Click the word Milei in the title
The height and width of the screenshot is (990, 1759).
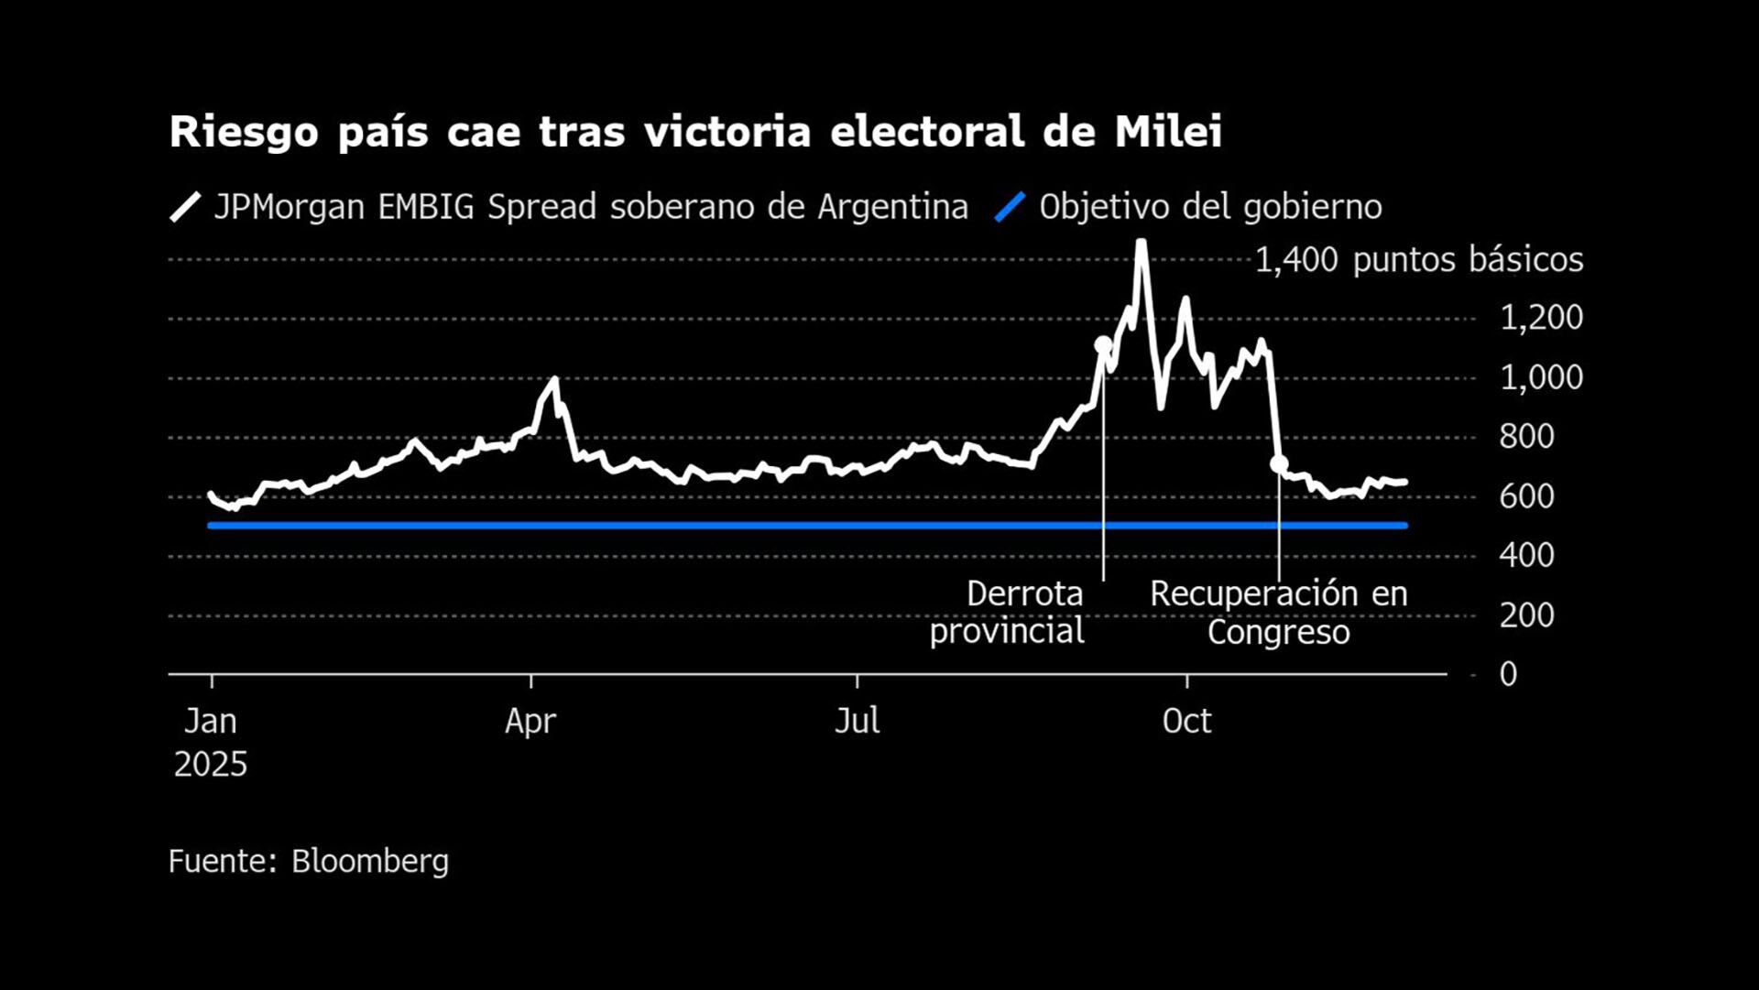tap(1168, 132)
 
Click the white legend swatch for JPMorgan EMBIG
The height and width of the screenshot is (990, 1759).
tap(185, 207)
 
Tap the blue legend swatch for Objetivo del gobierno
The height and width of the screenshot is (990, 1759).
tap(1010, 207)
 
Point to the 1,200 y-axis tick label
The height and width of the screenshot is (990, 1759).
tap(1541, 318)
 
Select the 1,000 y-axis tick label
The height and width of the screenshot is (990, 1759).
tap(1541, 377)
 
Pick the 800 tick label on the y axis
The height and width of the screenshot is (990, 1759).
tap(1526, 437)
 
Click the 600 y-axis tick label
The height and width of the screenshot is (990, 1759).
tap(1526, 496)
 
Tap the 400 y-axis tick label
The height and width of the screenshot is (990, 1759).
tap(1526, 555)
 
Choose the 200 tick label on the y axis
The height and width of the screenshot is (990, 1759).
tap(1526, 615)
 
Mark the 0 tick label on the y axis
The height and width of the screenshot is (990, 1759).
tap(1508, 674)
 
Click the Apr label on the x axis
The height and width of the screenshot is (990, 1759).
tap(530, 722)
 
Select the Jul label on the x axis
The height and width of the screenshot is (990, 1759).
tap(857, 722)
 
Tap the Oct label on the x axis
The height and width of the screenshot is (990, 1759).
tap(1186, 722)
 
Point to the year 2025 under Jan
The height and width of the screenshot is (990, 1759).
tap(211, 765)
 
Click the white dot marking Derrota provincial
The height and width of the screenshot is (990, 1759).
tap(1103, 345)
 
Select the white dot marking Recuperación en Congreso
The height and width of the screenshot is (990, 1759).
tap(1279, 464)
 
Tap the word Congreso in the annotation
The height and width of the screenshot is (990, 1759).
tap(1278, 632)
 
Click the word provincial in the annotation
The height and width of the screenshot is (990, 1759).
tap(1007, 631)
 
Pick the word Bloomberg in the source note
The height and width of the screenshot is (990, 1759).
tap(370, 861)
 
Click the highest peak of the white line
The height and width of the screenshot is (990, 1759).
tap(1142, 243)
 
